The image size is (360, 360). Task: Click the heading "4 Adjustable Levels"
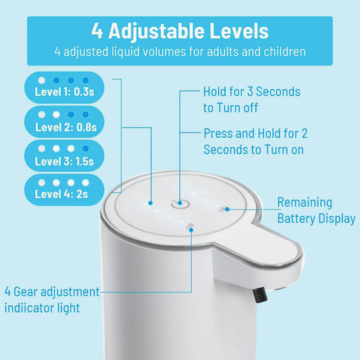[180, 31]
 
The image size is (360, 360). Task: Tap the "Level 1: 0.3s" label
[64, 92]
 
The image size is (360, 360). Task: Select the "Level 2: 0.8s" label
[66, 128]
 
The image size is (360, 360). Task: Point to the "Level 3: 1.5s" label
[64, 161]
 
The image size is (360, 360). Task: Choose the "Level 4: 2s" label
[61, 195]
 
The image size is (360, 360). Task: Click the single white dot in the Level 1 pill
[42, 80]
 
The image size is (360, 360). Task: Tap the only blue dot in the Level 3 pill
[85, 149]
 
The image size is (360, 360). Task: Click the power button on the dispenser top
[180, 203]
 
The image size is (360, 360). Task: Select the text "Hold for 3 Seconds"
[252, 92]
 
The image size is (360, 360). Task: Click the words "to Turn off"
[230, 107]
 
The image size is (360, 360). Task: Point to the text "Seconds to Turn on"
[253, 149]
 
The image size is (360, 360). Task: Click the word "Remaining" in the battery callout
[305, 203]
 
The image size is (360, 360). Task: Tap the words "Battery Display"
[316, 219]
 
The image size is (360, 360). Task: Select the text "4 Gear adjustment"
[52, 292]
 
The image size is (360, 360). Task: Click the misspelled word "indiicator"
[29, 308]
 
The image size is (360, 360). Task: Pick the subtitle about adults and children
[180, 51]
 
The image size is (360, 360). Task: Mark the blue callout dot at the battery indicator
[227, 209]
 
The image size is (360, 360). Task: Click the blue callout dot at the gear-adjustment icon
[191, 230]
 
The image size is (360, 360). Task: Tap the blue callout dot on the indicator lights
[151, 203]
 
